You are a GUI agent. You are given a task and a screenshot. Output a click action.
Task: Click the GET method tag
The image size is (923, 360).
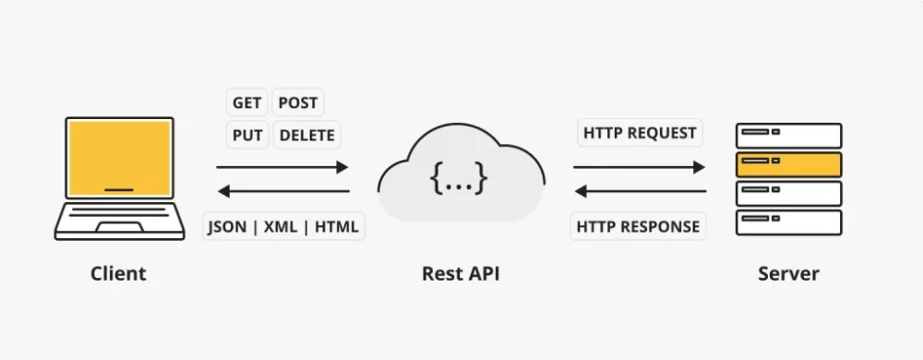[x=246, y=103]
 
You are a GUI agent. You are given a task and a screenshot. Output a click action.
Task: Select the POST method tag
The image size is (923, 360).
[x=297, y=103]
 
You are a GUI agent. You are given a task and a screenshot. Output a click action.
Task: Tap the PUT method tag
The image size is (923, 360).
[x=247, y=135]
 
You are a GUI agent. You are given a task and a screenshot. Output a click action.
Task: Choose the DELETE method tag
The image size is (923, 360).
[x=307, y=135]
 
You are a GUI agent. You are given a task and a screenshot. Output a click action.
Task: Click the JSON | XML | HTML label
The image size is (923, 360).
[x=283, y=226]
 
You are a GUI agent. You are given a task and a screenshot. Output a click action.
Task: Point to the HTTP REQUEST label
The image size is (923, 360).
[x=640, y=133]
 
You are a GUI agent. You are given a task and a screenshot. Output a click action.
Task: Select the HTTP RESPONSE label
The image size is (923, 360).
[x=639, y=226]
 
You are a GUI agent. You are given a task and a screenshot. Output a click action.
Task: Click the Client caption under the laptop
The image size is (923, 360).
[x=118, y=274]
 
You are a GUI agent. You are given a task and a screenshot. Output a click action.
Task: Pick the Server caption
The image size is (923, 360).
[x=788, y=274]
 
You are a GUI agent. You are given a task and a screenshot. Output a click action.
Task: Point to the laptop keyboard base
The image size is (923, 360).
[x=118, y=222]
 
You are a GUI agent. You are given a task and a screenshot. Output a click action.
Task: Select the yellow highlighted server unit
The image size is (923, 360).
[x=788, y=164]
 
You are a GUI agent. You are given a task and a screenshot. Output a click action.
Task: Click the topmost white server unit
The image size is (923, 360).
[x=788, y=136]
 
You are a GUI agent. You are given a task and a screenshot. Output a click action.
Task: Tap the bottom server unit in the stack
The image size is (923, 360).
[x=788, y=222]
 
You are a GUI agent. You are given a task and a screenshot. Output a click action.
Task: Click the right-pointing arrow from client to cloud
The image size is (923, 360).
[x=282, y=167]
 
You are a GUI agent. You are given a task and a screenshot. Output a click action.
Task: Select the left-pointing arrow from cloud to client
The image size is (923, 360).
[x=282, y=192]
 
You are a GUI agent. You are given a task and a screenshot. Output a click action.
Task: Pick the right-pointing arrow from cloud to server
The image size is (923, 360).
[x=639, y=167]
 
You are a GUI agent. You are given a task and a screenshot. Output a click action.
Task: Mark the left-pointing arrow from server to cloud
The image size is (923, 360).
[x=639, y=192]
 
